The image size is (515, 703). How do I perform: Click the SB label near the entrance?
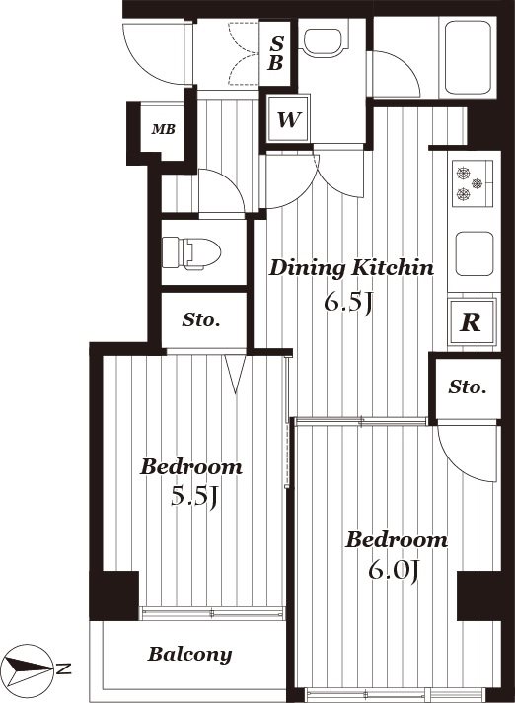pos(276,54)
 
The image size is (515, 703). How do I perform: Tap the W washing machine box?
pos(288,118)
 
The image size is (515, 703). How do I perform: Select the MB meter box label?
pos(164,129)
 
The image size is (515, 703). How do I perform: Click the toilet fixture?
pos(191,253)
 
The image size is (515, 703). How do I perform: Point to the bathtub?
pos(468,57)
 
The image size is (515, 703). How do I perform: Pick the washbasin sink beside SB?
pos(324,43)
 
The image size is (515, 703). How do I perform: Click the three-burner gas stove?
pos(472,183)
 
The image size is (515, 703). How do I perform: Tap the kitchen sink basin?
pos(475,253)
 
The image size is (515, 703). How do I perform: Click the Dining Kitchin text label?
pos(351,268)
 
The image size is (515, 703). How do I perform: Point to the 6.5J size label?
pos(348,304)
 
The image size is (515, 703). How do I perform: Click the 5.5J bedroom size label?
pos(194,496)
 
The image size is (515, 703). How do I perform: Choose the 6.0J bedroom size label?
pos(394,570)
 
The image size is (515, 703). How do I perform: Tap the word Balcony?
pos(189,655)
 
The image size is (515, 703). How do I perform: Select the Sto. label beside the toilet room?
pos(201,320)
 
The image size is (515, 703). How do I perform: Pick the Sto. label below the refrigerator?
pos(468,387)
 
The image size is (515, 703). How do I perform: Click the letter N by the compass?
pos(63,668)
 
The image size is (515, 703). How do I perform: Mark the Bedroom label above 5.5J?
pos(191,467)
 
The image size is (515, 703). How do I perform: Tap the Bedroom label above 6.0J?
pos(397,539)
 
